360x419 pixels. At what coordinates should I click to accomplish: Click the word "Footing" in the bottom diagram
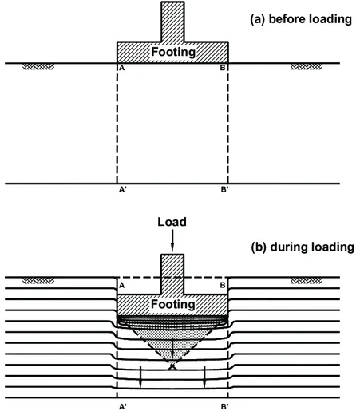pos(173,305)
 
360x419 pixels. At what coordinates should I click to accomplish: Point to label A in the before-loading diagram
pos(121,69)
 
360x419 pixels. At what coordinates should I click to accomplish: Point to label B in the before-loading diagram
pos(225,69)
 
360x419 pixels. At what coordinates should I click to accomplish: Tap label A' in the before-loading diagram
pos(121,192)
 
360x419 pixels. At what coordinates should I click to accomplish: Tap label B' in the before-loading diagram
pos(225,192)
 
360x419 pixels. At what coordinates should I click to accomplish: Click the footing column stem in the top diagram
pos(172,21)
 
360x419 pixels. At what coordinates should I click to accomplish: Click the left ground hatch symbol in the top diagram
pos(36,68)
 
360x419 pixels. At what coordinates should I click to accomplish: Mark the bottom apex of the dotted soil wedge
pos(172,367)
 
